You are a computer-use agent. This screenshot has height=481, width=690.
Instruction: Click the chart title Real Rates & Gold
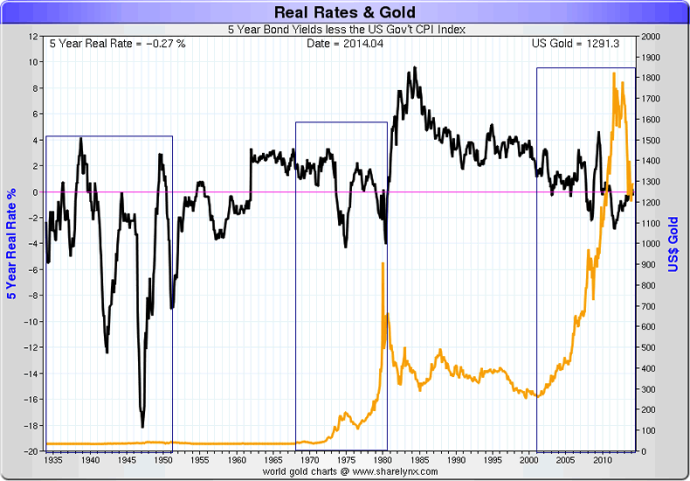(x=344, y=12)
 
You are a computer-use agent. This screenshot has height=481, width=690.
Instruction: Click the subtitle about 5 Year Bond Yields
(x=344, y=30)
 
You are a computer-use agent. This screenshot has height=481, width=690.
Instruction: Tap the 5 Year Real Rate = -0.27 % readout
(x=117, y=44)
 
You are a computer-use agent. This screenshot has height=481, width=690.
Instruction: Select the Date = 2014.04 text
(x=344, y=44)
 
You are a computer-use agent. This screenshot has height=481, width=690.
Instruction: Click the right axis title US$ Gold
(x=673, y=243)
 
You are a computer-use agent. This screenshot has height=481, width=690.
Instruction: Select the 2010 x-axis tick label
(x=602, y=459)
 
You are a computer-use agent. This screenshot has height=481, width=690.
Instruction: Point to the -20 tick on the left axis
(x=31, y=451)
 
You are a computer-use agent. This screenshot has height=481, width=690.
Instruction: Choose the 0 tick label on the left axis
(x=36, y=192)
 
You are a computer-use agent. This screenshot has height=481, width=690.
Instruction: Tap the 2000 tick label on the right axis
(x=652, y=37)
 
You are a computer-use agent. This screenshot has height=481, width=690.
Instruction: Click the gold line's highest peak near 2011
(x=615, y=73)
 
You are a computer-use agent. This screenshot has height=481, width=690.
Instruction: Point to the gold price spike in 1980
(x=383, y=263)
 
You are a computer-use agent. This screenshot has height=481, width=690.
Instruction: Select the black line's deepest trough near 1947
(x=142, y=426)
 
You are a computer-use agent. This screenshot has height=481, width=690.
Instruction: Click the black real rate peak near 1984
(x=412, y=68)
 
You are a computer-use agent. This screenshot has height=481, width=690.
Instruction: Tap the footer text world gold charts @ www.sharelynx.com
(x=344, y=471)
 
